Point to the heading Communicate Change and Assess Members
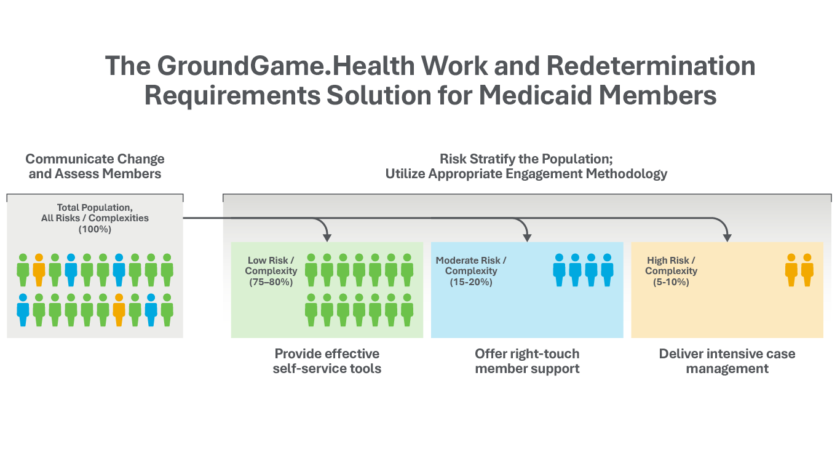[95, 166]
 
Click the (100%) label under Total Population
[95, 229]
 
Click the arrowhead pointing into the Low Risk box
[327, 237]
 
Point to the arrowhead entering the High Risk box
[727, 237]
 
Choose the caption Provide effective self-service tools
[327, 361]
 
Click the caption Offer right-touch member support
[527, 361]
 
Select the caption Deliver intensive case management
[727, 361]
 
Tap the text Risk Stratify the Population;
[526, 159]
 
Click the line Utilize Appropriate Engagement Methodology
[526, 174]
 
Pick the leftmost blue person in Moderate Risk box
[559, 270]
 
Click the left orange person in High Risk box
[791, 270]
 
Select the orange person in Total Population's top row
[39, 270]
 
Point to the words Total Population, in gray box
[95, 208]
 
